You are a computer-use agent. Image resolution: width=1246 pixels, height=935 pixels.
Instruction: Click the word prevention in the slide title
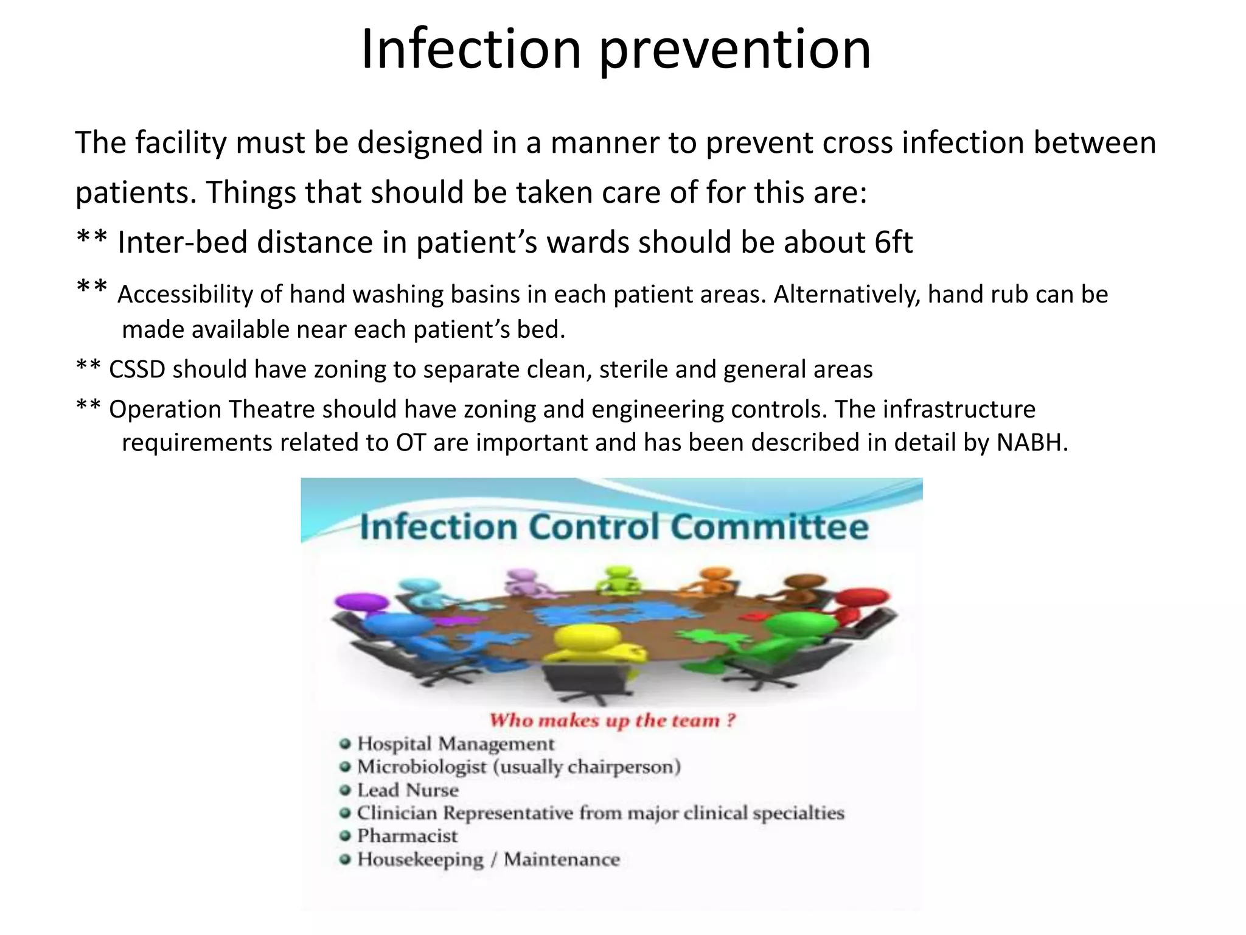(x=735, y=51)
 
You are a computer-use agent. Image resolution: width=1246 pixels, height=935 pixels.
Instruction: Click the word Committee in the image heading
(x=769, y=527)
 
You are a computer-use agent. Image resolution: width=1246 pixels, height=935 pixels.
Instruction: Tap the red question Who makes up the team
(x=612, y=721)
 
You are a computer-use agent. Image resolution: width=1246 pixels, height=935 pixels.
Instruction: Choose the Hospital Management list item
(x=455, y=744)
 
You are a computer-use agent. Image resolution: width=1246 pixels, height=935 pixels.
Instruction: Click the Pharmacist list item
(x=407, y=836)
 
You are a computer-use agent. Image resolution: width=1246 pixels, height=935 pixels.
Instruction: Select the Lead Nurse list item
(x=408, y=790)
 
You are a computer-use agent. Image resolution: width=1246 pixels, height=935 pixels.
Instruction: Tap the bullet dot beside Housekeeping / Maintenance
(x=346, y=860)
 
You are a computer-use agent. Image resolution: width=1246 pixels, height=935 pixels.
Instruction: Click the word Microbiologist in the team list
(x=422, y=767)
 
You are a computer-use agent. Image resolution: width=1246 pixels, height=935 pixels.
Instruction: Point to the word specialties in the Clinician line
(x=798, y=813)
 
